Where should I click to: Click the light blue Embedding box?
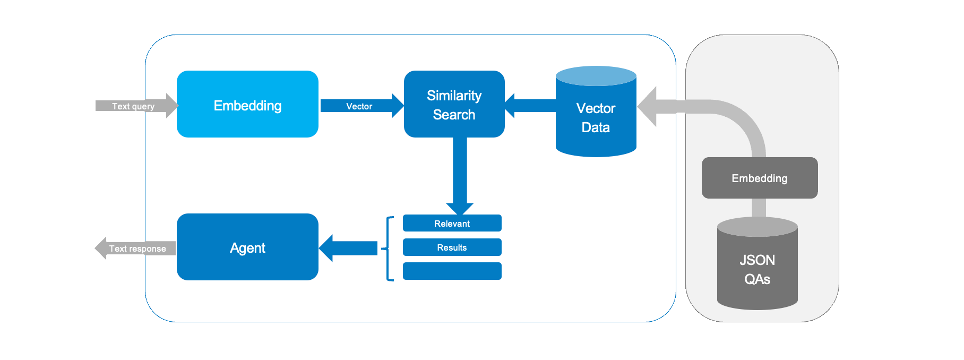247,105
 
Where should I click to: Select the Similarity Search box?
454,104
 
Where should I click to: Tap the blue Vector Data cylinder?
596,118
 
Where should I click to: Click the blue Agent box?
247,247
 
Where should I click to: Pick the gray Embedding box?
759,178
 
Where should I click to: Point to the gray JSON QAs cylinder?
757,268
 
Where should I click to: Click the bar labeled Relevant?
452,224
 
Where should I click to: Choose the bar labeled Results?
452,247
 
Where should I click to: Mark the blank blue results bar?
452,271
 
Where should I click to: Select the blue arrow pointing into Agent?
348,248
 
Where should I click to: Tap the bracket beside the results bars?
389,248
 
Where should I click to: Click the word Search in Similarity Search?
454,115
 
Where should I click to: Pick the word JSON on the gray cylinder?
757,260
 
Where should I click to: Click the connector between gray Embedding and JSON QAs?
759,208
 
